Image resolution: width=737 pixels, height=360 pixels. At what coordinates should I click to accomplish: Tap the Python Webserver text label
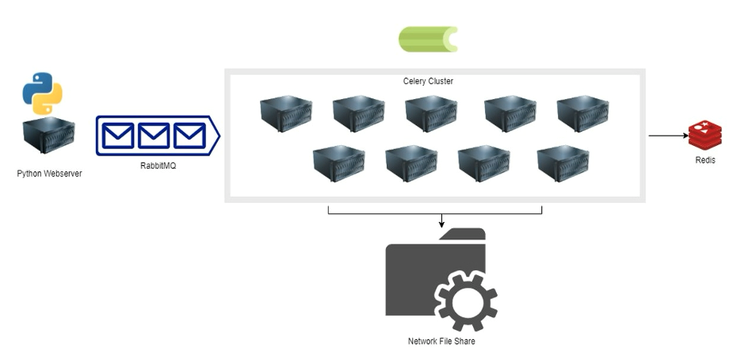click(x=49, y=173)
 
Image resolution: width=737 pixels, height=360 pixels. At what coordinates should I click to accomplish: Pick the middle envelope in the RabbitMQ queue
click(x=154, y=136)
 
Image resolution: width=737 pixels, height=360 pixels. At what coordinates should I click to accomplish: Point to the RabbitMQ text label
click(x=155, y=166)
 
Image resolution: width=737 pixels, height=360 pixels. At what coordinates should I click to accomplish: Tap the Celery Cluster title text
click(x=428, y=81)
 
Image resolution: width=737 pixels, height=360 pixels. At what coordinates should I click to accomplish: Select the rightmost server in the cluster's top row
click(x=582, y=113)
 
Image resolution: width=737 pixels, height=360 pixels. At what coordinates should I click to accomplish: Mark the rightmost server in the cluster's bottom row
click(x=563, y=162)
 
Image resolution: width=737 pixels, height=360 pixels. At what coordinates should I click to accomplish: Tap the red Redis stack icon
click(x=705, y=135)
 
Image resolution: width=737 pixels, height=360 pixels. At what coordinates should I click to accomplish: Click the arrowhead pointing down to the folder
click(x=441, y=224)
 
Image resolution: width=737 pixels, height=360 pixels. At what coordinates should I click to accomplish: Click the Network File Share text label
click(x=441, y=341)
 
